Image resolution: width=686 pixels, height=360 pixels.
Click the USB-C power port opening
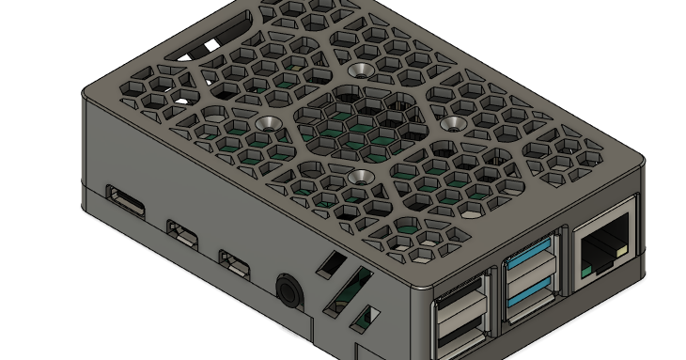pyautogui.click(x=125, y=200)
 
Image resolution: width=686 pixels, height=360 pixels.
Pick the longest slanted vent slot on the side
pyautogui.click(x=348, y=290)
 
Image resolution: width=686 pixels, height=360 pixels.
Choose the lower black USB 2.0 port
pyautogui.click(x=460, y=337)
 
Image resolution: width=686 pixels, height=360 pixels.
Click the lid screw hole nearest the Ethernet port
pyautogui.click(x=453, y=123)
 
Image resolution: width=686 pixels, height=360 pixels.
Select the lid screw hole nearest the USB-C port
pyautogui.click(x=267, y=123)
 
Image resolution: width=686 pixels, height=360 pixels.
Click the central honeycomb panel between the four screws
pyautogui.click(x=362, y=123)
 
